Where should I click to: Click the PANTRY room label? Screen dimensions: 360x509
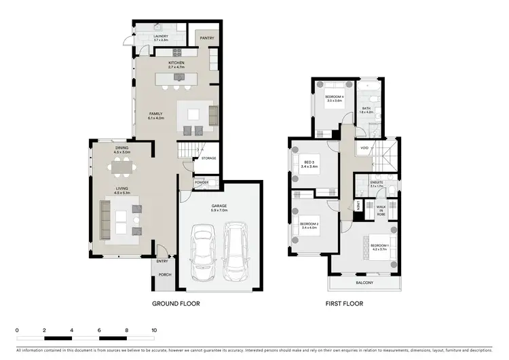click(207, 39)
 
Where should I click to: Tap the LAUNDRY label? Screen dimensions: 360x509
click(161, 37)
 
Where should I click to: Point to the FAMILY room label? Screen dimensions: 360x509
click(157, 114)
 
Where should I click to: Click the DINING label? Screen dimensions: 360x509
click(122, 148)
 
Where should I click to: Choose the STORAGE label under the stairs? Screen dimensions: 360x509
click(209, 158)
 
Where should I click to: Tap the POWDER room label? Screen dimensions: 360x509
click(201, 182)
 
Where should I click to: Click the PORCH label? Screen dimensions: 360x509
click(165, 274)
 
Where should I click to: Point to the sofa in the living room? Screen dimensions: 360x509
click(107, 219)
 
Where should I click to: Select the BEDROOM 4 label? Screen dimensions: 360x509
click(335, 96)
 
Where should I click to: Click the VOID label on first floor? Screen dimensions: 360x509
click(364, 147)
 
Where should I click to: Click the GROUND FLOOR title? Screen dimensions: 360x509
click(176, 304)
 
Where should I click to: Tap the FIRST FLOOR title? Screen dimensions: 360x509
click(345, 304)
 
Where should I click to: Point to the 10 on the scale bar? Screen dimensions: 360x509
click(154, 330)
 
